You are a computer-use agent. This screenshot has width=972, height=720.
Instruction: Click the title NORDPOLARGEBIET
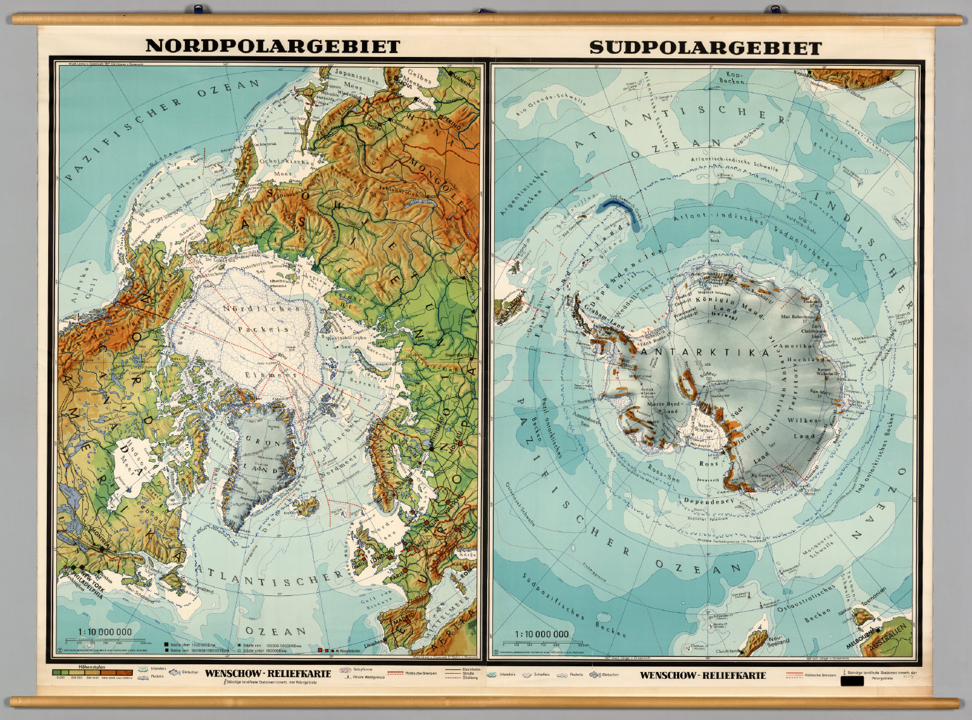tap(272, 46)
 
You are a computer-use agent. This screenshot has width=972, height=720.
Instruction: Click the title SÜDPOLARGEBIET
tap(705, 47)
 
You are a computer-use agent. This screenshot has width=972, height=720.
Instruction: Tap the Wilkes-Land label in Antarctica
tap(803, 428)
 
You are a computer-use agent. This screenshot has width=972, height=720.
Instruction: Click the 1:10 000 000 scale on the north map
tap(105, 631)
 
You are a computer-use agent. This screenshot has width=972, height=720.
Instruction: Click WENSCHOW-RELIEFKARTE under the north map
tap(268, 673)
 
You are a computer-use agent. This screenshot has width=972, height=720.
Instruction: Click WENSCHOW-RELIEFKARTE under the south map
tap(702, 675)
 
